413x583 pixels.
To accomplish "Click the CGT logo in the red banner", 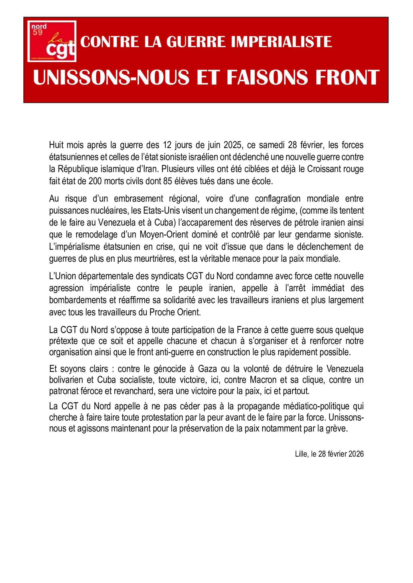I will point(52,41).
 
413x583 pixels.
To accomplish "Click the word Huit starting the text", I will point(57,145).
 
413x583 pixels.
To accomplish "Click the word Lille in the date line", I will point(301,454).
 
